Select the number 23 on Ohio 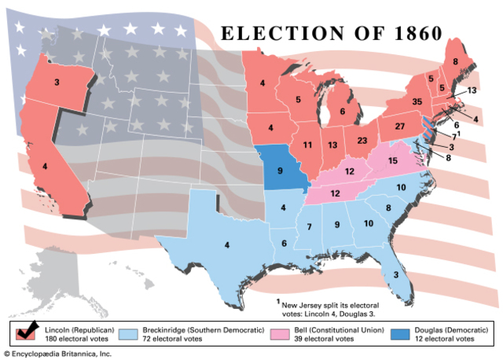pos(362,141)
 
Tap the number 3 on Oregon pos(57,81)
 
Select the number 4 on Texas pos(226,245)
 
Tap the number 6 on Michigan pos(342,112)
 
